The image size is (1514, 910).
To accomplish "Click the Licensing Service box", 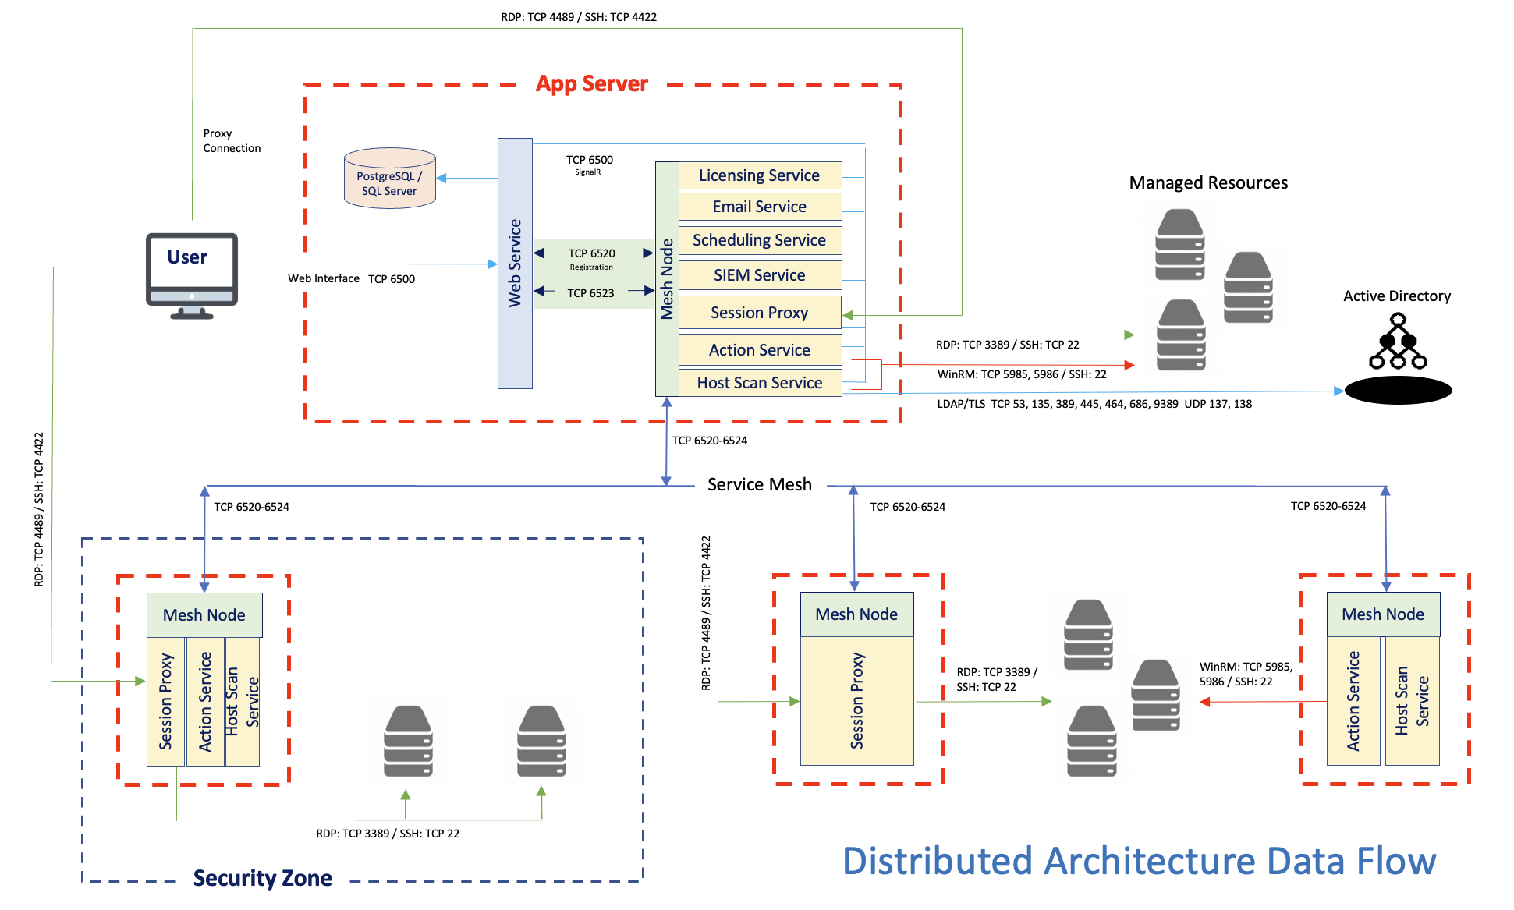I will point(759,175).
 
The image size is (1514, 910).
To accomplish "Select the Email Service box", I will point(759,207).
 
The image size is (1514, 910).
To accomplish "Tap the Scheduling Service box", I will point(759,240).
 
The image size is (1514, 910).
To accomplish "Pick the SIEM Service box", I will point(759,275).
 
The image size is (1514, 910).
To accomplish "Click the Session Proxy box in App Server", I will point(759,313).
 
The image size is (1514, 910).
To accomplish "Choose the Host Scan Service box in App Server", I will point(759,383).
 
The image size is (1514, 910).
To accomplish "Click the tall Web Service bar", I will point(515,264).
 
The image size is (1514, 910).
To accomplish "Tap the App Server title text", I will point(591,84).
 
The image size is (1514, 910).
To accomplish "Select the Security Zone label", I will point(262,879).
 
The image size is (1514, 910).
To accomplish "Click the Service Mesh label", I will point(759,484).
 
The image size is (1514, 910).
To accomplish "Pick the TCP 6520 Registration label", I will point(591,259).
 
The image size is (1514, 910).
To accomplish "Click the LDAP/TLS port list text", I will point(1094,404).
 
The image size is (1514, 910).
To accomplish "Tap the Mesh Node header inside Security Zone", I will point(204,615).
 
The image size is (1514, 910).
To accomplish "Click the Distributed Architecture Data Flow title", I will point(1138,862).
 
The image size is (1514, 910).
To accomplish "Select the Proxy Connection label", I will point(231,141).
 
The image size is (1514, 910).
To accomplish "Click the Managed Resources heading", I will point(1207,182).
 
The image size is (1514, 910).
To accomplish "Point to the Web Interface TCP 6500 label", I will point(351,278).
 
